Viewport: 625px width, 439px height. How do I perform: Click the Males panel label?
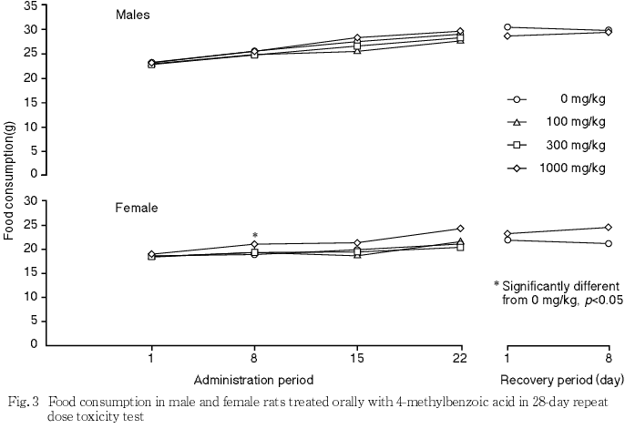tap(133, 15)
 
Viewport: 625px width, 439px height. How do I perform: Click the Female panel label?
tap(137, 208)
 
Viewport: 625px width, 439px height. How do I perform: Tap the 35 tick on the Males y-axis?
tap(30, 6)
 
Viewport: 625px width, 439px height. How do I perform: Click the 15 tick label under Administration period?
tap(358, 359)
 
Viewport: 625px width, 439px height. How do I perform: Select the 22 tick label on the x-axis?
tap(460, 359)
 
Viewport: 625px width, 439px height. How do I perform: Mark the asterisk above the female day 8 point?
tap(255, 236)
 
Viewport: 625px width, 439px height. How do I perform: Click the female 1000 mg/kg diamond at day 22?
tap(460, 228)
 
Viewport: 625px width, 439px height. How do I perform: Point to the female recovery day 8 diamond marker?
tap(609, 227)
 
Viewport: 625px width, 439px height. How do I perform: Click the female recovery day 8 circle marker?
tap(609, 243)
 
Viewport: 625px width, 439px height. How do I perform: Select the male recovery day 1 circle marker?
tap(507, 27)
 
